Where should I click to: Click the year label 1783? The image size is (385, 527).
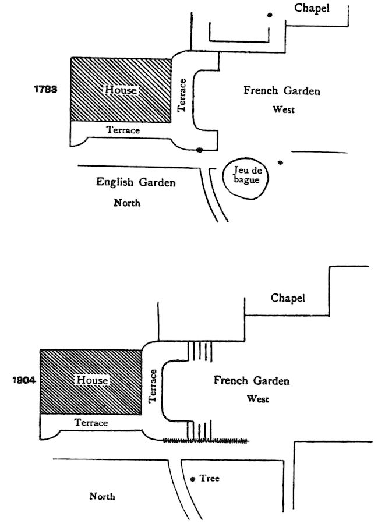(46, 90)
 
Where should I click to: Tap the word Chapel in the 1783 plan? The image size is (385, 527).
(312, 8)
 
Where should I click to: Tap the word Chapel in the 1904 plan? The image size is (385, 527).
(288, 298)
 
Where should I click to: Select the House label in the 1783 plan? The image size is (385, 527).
(121, 90)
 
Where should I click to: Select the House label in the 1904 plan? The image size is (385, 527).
(93, 380)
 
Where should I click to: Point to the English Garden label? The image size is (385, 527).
(136, 182)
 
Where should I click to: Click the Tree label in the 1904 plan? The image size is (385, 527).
(209, 478)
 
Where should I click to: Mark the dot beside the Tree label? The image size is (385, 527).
(193, 480)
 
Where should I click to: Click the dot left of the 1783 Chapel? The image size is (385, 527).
(270, 15)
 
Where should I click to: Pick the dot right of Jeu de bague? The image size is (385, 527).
(281, 162)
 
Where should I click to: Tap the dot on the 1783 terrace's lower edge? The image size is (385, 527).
(199, 150)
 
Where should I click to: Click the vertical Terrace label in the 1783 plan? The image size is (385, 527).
(182, 96)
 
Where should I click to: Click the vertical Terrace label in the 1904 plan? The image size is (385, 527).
(153, 386)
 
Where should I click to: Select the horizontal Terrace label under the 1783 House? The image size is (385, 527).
(123, 130)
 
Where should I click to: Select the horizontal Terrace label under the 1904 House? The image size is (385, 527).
(91, 423)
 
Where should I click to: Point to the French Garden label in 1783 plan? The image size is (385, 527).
(281, 91)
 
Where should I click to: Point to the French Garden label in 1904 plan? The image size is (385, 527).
(251, 381)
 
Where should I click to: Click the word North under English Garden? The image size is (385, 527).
(127, 203)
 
